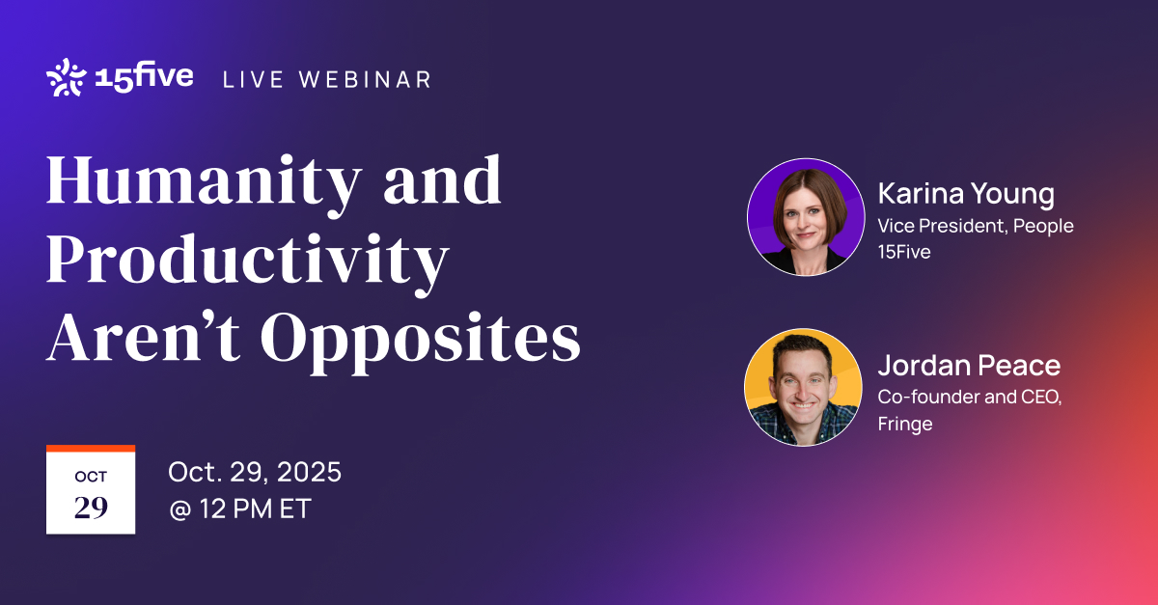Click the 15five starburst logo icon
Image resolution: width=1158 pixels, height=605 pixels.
67,77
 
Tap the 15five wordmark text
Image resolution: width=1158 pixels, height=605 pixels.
144,77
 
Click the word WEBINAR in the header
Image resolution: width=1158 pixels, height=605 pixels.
365,80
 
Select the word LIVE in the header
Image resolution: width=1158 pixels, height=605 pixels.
253,80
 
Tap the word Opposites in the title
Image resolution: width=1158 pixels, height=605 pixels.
421,342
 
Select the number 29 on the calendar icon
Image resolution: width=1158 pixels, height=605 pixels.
91,508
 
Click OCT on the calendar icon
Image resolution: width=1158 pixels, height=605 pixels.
91,477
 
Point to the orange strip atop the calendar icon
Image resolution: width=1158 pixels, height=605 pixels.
91,449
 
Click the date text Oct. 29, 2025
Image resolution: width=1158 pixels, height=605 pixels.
255,472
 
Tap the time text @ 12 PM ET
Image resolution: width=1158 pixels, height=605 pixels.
240,509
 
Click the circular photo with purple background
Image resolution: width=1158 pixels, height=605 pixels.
806,217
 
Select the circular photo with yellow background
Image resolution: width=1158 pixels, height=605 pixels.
803,387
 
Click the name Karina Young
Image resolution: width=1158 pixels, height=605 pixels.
966,194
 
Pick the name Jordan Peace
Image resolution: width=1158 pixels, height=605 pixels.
969,366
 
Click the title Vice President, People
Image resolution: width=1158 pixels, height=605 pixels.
976,226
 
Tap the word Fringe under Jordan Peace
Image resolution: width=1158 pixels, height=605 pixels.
905,424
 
